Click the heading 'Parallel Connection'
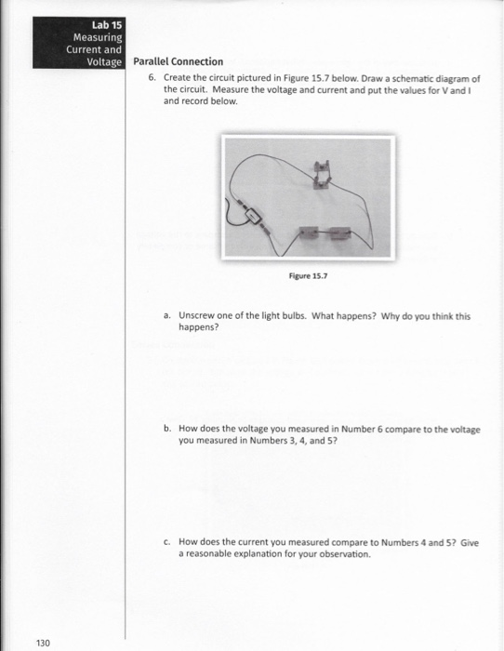coord(178,62)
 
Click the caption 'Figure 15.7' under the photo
coord(310,275)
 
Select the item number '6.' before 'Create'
coord(153,78)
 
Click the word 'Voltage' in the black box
coord(106,61)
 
